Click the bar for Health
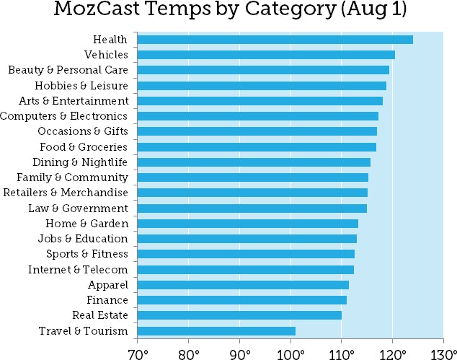274,39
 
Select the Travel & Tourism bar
216,331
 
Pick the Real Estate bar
239,315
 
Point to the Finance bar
241,300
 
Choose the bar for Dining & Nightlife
253,162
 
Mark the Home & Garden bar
247,224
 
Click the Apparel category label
108,285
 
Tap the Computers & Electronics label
64,116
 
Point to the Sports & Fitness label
87,254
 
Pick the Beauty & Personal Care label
68,70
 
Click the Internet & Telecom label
78,270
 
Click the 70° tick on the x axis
138,353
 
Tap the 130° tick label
443,353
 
